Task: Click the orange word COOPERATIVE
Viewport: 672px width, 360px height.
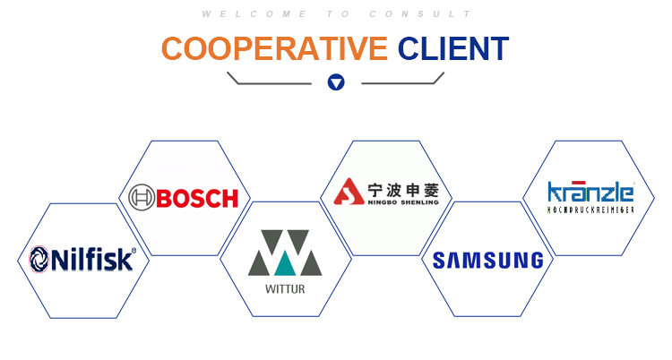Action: (274, 48)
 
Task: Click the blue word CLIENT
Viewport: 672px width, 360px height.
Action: (453, 48)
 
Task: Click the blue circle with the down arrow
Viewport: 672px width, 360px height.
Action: (336, 82)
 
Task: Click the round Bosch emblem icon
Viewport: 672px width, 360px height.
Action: (142, 198)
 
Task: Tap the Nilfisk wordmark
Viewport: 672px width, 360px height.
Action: (93, 260)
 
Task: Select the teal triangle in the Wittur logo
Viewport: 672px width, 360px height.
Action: (285, 263)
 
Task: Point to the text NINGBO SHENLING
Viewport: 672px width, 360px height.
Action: (403, 202)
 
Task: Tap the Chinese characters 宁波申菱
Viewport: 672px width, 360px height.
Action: (403, 188)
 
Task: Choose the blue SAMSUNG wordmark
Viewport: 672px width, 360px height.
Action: (487, 261)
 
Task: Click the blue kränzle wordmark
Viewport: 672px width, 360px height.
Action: (590, 192)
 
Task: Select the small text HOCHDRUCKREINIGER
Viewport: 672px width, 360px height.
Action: (590, 210)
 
